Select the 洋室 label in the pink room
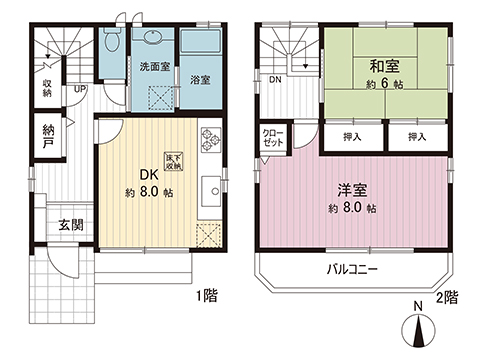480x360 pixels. point(350,189)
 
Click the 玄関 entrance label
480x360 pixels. point(70,224)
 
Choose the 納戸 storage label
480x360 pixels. point(49,136)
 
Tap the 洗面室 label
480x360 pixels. point(153,67)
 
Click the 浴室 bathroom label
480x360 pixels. point(200,80)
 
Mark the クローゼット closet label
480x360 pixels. point(272,137)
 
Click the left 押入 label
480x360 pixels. point(351,136)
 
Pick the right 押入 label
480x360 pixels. point(417,136)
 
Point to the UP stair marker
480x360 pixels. point(80,89)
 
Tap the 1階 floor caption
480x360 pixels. point(209,297)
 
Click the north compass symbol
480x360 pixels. point(417,329)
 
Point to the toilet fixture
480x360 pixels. point(111,43)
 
